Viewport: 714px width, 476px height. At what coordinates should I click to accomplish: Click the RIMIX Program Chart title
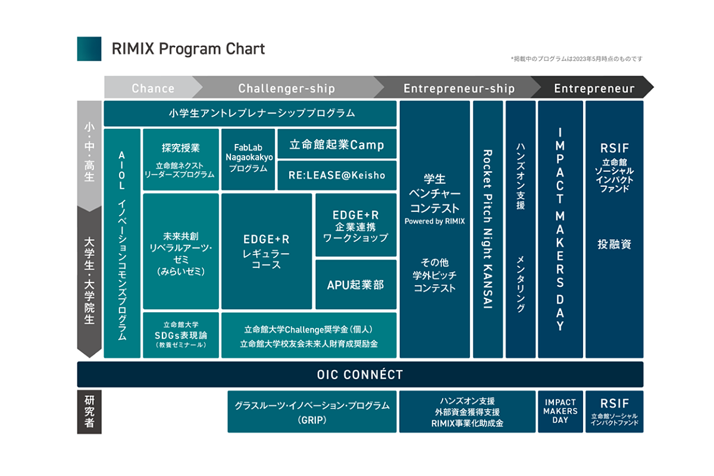188,49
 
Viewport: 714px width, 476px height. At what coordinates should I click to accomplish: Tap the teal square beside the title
89,49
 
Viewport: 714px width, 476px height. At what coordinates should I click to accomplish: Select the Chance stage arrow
153,88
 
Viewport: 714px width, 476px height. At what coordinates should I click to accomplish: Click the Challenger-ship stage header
287,88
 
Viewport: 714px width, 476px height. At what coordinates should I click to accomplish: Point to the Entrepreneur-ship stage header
459,88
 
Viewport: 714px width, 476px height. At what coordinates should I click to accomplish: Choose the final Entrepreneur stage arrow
594,88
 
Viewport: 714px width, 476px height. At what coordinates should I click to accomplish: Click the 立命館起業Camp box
337,144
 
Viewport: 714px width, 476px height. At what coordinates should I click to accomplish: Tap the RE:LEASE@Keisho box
337,175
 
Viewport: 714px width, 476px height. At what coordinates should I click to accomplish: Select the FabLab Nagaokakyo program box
249,159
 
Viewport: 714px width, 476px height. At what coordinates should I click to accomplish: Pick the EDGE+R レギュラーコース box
267,251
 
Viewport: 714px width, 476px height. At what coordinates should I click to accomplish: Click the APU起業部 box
356,284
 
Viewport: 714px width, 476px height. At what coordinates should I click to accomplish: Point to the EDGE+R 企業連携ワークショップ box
356,225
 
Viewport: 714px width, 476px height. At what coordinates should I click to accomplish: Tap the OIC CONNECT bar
360,375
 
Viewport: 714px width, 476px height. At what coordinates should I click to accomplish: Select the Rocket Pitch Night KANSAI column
488,229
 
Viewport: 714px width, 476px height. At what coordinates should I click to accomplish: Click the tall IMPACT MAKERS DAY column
560,229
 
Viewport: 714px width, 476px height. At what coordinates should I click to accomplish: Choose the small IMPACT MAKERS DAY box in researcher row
560,411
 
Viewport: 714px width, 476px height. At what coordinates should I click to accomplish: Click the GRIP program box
312,411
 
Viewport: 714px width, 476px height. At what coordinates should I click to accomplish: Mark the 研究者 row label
89,411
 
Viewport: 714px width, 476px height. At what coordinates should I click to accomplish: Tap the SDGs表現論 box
181,335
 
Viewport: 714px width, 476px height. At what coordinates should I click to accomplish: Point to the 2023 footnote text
576,59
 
